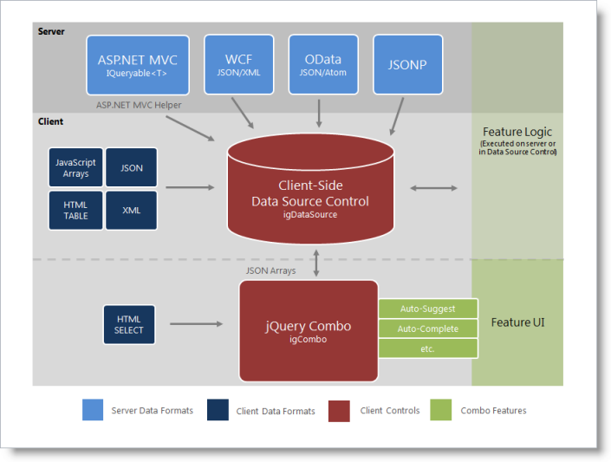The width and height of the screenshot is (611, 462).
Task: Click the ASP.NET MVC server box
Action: point(137,64)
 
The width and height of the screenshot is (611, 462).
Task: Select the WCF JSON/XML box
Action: point(238,64)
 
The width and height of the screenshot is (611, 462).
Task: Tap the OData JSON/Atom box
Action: point(322,64)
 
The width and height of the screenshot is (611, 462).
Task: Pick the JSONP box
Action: point(407,64)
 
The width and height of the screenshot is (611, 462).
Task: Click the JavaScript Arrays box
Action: point(75,167)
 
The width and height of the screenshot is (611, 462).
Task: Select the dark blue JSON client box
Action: point(132,167)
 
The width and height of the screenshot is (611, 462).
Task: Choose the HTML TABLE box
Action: point(75,210)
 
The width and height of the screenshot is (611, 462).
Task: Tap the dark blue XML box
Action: point(132,210)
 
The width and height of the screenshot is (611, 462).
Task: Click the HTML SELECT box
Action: point(129,324)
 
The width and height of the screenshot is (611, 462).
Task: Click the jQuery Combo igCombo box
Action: point(308,330)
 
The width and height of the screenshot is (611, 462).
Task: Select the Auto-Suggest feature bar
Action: point(428,308)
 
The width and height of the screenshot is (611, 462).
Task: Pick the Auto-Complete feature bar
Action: point(428,329)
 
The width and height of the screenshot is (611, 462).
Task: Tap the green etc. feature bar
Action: point(428,348)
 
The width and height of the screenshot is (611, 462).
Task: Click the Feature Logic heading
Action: point(517,133)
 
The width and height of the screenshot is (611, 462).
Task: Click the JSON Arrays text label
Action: point(271,270)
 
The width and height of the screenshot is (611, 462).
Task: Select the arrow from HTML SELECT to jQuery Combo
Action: point(196,324)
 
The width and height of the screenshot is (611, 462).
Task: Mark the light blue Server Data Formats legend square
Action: point(93,410)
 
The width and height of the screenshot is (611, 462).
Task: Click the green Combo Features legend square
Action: point(441,410)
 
